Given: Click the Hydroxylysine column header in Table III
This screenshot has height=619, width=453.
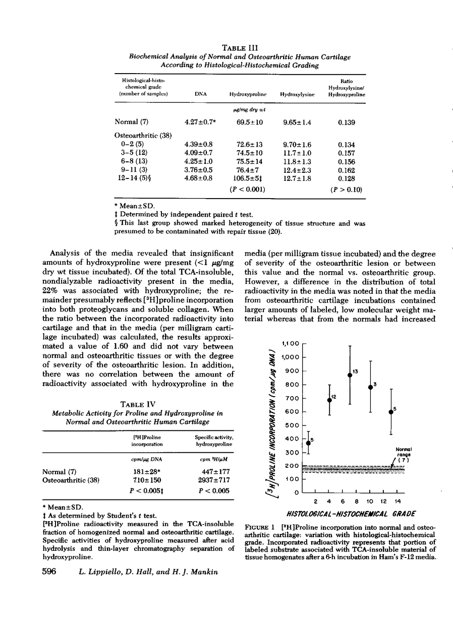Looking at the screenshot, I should [297, 94].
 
